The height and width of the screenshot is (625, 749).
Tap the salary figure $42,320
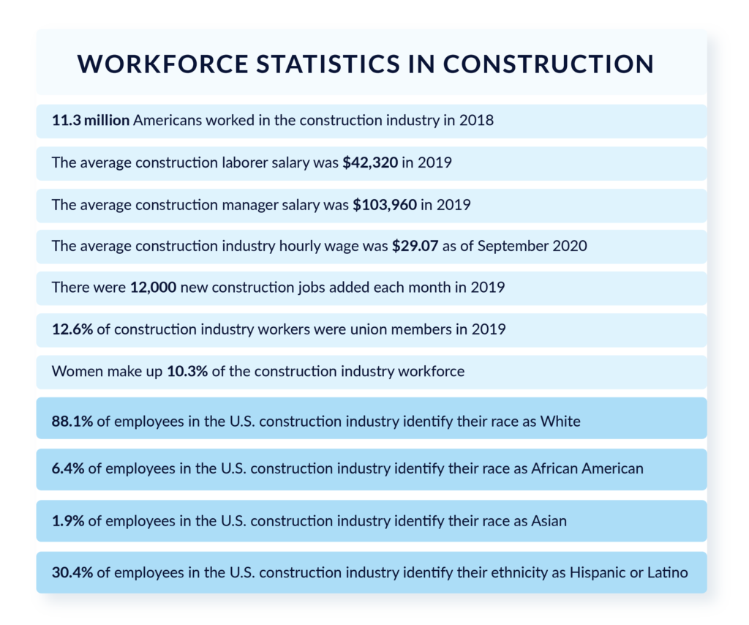click(370, 162)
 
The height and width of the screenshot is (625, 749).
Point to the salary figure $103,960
click(385, 205)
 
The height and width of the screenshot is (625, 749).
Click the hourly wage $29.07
click(415, 247)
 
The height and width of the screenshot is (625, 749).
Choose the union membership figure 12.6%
click(72, 329)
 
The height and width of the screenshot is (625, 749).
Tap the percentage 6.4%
click(68, 468)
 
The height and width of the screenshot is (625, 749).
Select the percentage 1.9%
click(68, 521)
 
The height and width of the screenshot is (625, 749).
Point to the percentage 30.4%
click(72, 572)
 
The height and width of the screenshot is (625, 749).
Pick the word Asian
click(548, 521)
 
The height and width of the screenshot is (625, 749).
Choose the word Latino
click(667, 572)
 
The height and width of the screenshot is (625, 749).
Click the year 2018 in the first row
click(477, 120)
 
